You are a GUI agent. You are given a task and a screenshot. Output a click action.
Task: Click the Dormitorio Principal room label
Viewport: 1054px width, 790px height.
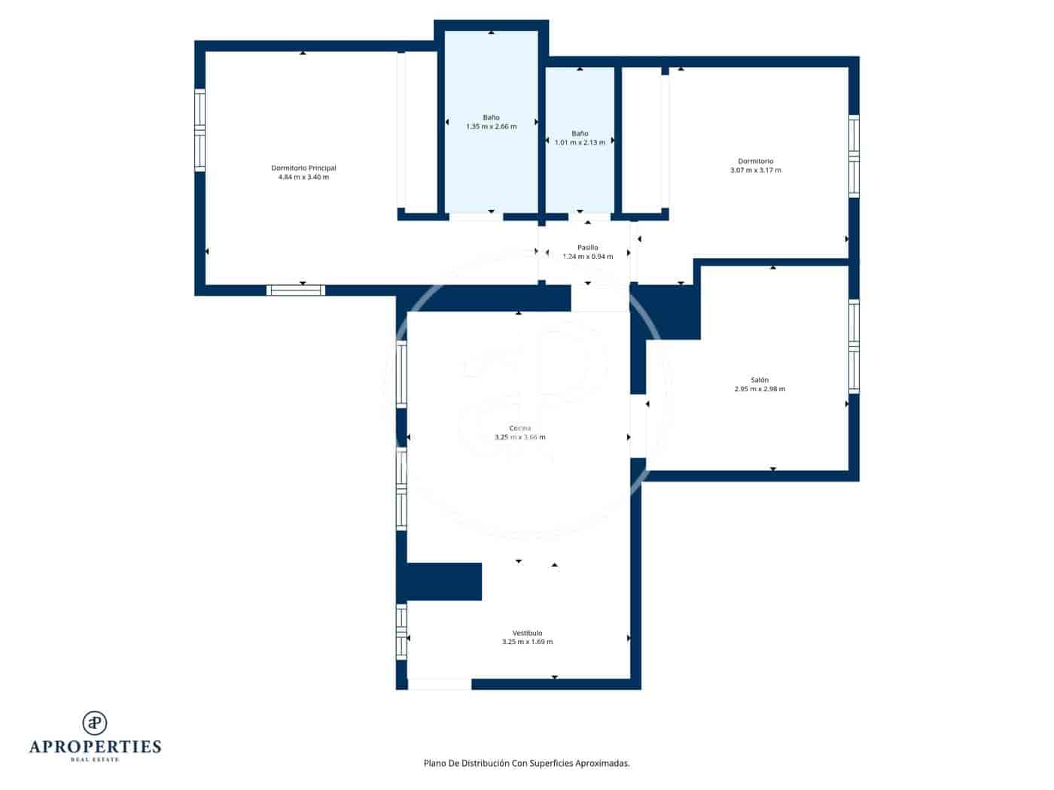coord(303,168)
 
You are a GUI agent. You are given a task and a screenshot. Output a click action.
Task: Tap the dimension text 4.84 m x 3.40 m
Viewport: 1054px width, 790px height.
coord(303,178)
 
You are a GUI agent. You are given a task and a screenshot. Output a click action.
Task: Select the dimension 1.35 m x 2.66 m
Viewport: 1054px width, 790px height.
coord(491,126)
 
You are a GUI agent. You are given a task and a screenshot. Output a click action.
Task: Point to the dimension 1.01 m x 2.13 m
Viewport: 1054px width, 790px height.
coord(580,142)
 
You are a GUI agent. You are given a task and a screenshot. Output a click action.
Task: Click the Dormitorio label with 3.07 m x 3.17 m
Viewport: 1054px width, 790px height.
coord(755,161)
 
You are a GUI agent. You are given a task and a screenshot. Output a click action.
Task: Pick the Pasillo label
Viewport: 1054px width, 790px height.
coord(587,248)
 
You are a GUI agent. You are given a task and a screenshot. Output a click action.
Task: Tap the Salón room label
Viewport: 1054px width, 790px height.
coord(759,380)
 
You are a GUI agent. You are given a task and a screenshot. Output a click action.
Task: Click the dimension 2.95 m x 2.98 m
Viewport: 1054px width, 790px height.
coord(759,389)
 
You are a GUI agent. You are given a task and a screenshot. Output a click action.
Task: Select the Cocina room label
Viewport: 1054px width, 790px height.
coord(519,428)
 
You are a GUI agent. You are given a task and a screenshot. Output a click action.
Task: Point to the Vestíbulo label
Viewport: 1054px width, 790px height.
coord(527,633)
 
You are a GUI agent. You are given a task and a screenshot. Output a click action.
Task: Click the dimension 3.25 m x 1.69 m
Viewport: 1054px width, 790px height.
coord(527,642)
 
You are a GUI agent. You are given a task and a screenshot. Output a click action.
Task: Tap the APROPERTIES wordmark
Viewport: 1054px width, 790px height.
coord(95,746)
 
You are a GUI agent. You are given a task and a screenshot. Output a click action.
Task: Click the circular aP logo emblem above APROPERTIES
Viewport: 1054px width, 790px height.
coord(95,723)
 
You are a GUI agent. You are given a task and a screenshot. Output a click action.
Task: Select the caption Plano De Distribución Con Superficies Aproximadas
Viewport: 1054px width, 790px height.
coord(526,763)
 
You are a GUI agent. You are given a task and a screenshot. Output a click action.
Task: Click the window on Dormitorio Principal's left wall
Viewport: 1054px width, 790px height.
coord(200,130)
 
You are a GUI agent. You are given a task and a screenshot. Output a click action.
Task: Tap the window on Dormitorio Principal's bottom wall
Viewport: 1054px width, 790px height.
coord(296,290)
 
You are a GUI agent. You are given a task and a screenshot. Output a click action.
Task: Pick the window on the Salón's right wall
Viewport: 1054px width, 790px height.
coord(854,346)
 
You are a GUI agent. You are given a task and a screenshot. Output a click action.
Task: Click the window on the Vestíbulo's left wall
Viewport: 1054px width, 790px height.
coord(401,631)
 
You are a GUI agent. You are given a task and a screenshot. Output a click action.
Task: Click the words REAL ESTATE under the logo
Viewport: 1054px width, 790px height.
coord(95,760)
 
